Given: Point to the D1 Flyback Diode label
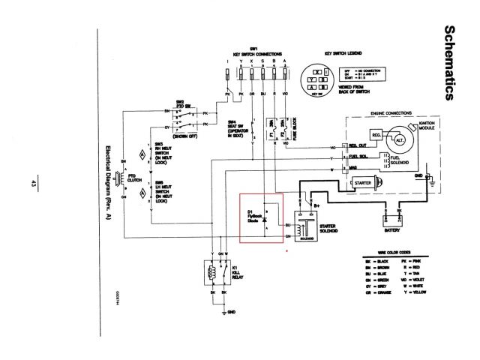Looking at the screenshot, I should point(256,216).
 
